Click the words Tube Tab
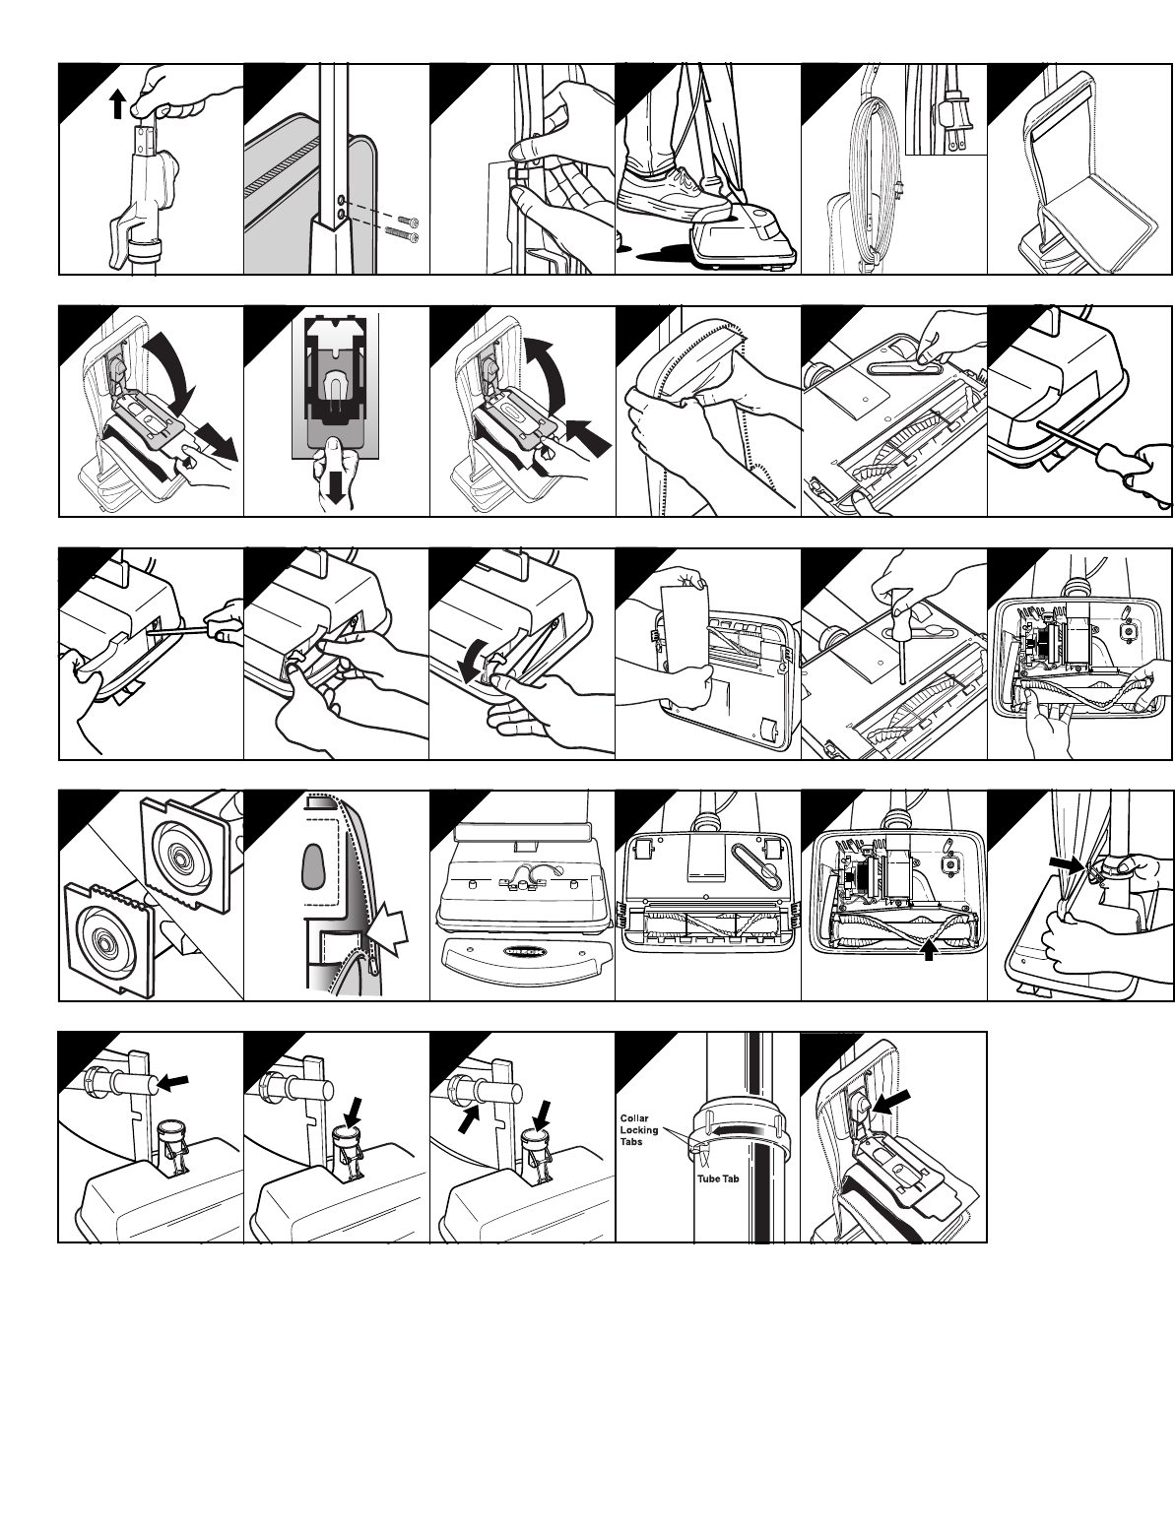tap(718, 1178)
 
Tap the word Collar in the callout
tap(634, 1118)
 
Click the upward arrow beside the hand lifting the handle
tap(118, 104)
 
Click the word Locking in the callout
tap(639, 1130)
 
